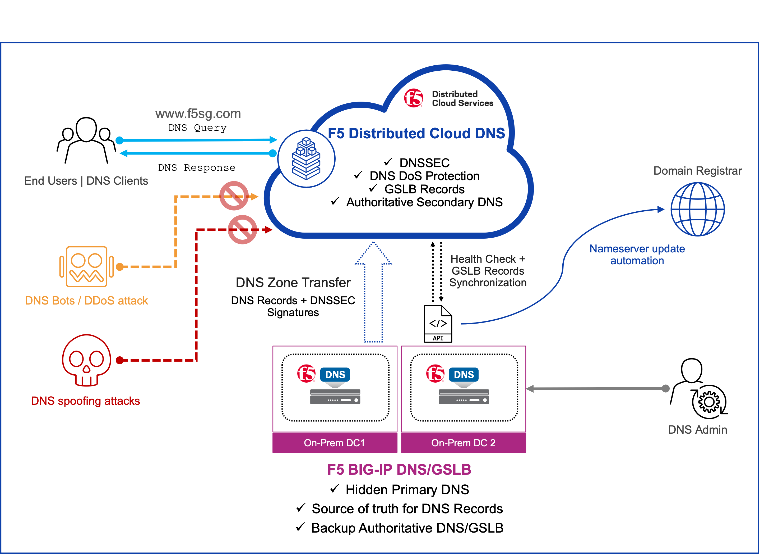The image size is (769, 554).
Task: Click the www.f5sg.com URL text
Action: click(198, 114)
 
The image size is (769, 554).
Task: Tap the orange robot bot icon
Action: click(86, 266)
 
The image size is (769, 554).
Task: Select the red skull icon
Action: click(86, 360)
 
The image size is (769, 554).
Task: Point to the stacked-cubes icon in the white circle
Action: click(306, 158)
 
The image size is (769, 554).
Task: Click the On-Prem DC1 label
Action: click(334, 443)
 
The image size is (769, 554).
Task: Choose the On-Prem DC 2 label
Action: click(463, 443)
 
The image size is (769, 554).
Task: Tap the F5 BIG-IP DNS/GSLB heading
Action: click(399, 470)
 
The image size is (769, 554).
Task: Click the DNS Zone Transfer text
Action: click(293, 283)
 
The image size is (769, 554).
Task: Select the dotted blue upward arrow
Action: click(373, 292)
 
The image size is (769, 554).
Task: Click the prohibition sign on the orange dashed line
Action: click(234, 196)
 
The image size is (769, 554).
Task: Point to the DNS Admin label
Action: click(697, 430)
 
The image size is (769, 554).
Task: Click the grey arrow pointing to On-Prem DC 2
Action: click(597, 389)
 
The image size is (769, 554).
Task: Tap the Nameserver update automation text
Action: click(637, 255)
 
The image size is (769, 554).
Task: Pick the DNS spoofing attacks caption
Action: click(85, 401)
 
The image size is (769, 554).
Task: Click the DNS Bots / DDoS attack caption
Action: click(86, 301)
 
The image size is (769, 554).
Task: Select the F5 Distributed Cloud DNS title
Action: click(416, 133)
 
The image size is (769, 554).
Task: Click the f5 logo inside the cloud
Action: click(414, 98)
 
